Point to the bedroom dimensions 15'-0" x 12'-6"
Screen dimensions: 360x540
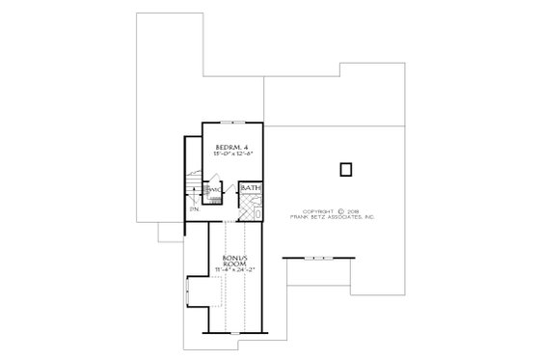pyautogui.click(x=229, y=153)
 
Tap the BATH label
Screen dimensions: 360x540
pyautogui.click(x=250, y=188)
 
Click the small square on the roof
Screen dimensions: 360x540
pyautogui.click(x=344, y=170)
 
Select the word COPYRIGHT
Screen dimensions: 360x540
pyautogui.click(x=320, y=211)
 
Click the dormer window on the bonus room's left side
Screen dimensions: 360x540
pyautogui.click(x=188, y=290)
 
